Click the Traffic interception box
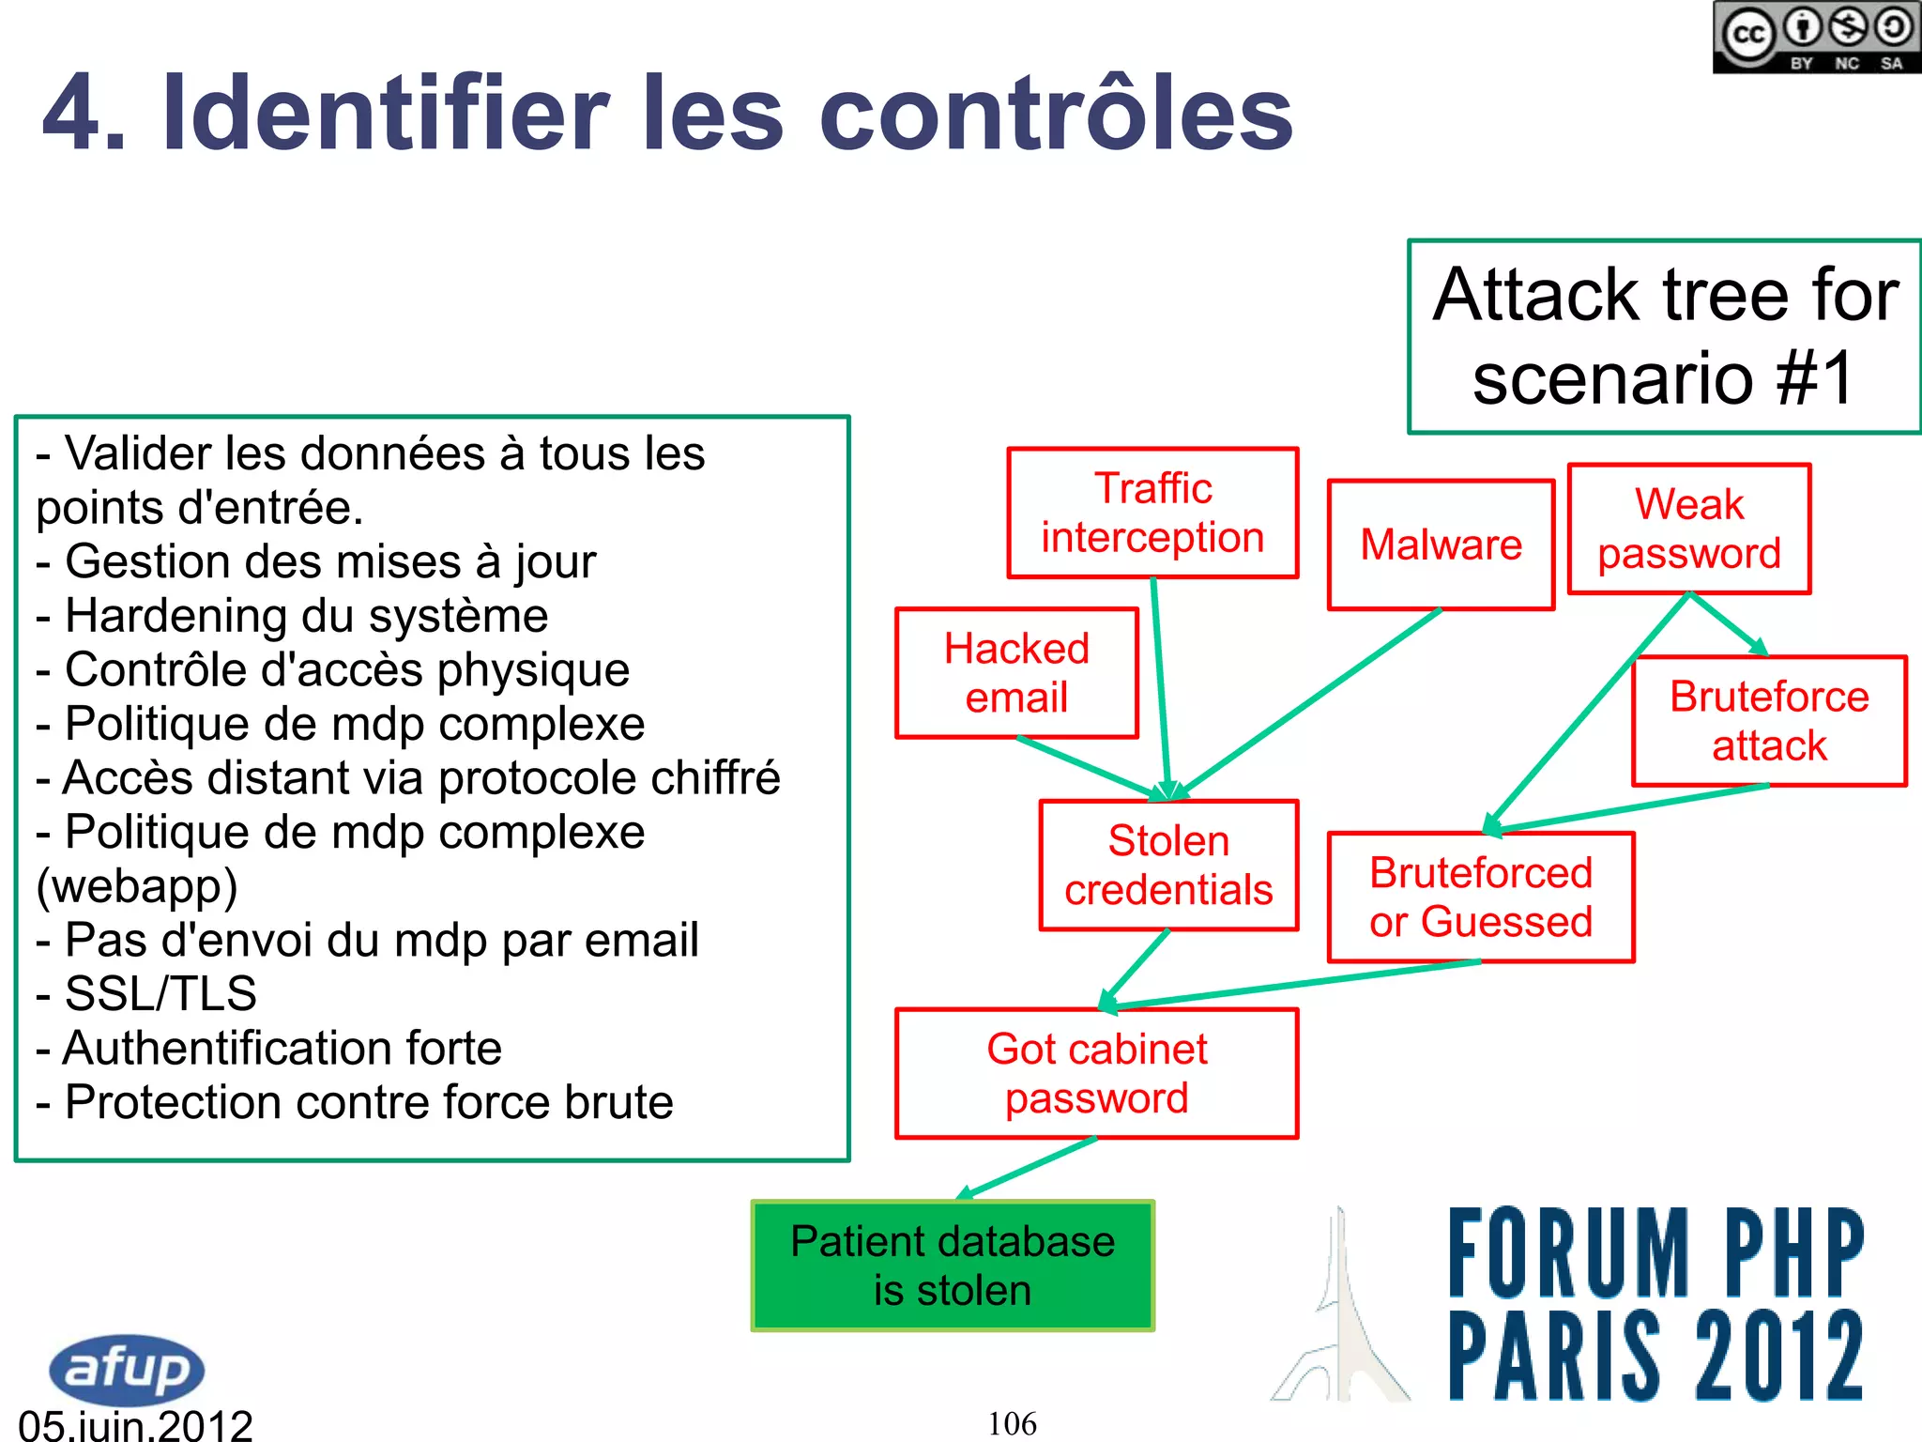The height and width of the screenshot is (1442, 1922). [1152, 513]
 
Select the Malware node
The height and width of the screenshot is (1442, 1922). [1441, 545]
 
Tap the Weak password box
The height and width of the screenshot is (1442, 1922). [1688, 529]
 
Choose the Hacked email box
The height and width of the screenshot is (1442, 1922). [1016, 672]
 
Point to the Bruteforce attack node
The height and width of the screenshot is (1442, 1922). [1769, 720]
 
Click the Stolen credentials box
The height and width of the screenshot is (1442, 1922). [1168, 865]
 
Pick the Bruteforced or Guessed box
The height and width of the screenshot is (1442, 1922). [1480, 897]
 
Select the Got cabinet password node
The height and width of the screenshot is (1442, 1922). [1096, 1073]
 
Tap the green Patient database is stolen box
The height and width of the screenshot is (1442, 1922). [953, 1265]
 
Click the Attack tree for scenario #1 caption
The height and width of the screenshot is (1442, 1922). [1664, 336]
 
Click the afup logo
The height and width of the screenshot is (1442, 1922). [127, 1368]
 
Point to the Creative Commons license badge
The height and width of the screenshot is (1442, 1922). [1816, 38]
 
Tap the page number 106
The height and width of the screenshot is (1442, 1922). [1012, 1423]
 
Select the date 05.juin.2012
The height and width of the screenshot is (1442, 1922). [136, 1425]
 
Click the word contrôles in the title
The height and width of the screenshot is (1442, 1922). [1056, 115]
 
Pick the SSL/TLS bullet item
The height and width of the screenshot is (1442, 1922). [160, 993]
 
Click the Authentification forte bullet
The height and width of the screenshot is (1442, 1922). [282, 1048]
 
